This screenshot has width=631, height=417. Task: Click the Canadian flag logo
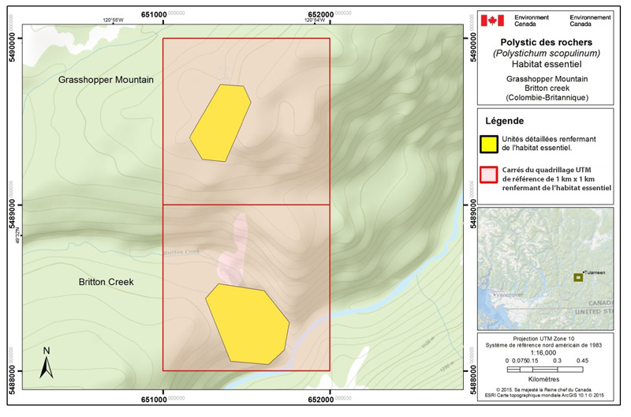click(x=492, y=20)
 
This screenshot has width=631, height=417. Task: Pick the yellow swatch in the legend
click(x=491, y=143)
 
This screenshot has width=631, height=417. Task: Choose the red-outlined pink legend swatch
click(x=491, y=175)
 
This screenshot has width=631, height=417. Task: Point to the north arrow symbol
click(x=47, y=363)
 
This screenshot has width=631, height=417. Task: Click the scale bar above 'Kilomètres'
click(x=546, y=369)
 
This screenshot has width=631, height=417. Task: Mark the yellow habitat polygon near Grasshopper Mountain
click(x=220, y=122)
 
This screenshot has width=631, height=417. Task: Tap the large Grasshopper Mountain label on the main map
click(x=106, y=81)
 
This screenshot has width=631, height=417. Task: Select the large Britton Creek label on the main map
click(x=106, y=282)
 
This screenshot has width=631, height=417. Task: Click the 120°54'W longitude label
click(x=314, y=20)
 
